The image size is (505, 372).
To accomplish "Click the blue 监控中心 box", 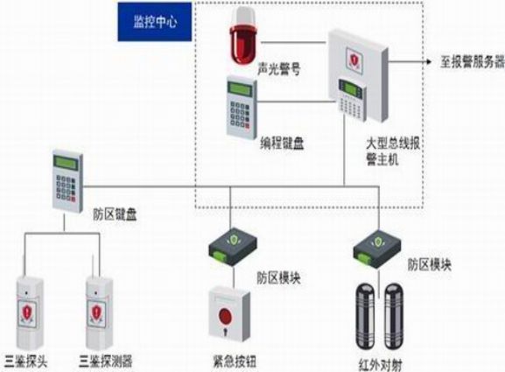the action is [155, 22].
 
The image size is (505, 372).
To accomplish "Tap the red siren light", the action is [242, 36].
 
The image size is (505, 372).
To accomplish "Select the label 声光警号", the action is [279, 68].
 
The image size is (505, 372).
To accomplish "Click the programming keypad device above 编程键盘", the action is [242, 108].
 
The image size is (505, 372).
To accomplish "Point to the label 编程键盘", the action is [282, 143].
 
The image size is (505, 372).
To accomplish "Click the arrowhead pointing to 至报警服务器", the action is [428, 61].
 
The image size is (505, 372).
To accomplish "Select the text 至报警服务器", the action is [473, 61].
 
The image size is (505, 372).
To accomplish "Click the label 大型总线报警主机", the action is [393, 151].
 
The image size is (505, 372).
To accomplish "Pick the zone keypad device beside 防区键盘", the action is [67, 181].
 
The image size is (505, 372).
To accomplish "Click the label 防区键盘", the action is [115, 214].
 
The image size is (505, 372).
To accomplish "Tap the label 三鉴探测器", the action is [106, 361].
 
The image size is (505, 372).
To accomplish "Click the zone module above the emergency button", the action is [233, 247].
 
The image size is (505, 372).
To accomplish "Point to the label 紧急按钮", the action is [235, 361].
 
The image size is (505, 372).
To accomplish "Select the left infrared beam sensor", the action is [365, 316].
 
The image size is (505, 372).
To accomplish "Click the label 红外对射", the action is [380, 365].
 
